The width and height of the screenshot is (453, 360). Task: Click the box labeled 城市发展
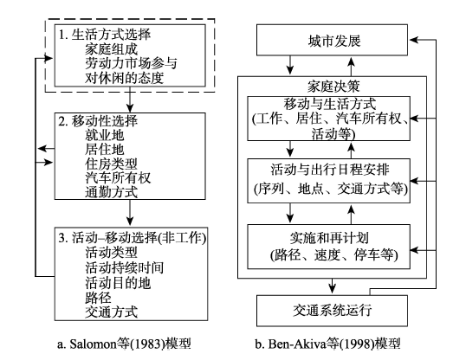[x=332, y=40]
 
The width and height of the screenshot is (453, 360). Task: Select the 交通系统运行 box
[x=332, y=311]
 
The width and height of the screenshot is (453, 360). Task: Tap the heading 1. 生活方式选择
[x=105, y=35]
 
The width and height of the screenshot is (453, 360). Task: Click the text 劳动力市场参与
[x=131, y=63]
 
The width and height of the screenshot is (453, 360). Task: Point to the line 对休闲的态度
[x=124, y=78]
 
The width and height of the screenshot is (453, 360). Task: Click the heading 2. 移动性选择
[x=98, y=121]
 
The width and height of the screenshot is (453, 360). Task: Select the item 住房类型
[x=111, y=164]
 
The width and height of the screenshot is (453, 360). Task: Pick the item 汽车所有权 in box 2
[x=118, y=177]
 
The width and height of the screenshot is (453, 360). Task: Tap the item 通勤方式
[x=111, y=192]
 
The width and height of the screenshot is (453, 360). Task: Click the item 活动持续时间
[x=124, y=267]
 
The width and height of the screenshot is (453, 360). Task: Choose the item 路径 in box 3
[x=98, y=298]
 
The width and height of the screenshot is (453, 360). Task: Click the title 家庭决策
[x=333, y=87]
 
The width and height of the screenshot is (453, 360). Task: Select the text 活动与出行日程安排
[x=330, y=170]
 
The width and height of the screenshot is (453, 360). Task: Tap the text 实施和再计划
[x=329, y=238]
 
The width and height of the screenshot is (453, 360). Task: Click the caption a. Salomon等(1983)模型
[x=124, y=344]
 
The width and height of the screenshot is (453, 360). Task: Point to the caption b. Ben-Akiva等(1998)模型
[x=327, y=344]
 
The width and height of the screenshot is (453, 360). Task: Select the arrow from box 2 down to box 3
[x=130, y=213]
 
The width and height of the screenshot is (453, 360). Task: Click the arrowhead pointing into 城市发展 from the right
[x=413, y=40]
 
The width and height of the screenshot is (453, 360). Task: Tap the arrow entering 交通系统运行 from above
[x=333, y=286]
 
